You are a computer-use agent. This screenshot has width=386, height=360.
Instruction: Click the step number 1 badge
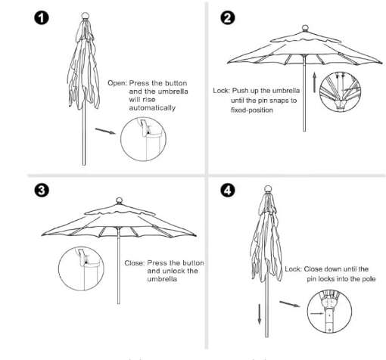coord(42,18)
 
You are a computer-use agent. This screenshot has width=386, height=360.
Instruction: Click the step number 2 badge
coord(227,18)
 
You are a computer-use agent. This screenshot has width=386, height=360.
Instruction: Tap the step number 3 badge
coord(42,190)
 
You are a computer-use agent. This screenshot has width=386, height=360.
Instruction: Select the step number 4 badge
coord(227,190)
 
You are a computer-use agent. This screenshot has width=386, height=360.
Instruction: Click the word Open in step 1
coord(117,83)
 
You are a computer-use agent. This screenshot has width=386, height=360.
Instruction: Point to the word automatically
coord(152,108)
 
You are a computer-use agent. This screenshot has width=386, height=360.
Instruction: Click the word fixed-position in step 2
coord(252,110)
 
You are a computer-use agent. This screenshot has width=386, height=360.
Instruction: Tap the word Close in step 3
coord(135,263)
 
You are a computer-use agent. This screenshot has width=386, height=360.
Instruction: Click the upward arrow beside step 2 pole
coord(314,82)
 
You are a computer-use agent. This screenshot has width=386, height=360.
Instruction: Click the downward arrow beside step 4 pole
coord(259,314)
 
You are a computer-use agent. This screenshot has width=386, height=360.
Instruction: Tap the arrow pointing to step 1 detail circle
coord(105,131)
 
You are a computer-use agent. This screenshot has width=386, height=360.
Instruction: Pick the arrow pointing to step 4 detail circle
coord(290,304)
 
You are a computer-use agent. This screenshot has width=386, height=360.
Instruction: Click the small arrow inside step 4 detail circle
coord(317,314)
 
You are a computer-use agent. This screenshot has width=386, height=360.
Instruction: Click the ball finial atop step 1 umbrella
coord(86,16)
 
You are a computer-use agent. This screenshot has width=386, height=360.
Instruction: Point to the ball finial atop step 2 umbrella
coord(305,28)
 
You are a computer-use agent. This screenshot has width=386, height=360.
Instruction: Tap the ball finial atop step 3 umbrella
coord(119,200)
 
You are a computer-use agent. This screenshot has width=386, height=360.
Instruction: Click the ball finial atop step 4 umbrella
coord(268,189)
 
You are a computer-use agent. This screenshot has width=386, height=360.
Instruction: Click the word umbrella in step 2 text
coord(286,91)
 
